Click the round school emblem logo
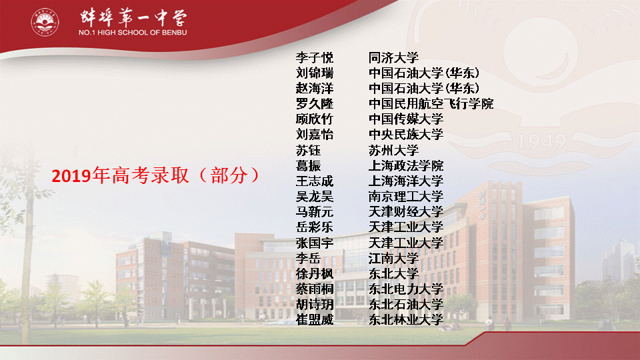tap(45, 22)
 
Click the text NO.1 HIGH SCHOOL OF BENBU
tap(133, 32)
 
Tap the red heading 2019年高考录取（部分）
tap(155, 175)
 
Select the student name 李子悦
tap(315, 58)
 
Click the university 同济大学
tap(393, 58)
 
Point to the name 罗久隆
tap(315, 104)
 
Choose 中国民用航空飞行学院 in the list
tap(431, 104)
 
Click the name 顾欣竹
tap(315, 119)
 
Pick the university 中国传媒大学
tap(406, 119)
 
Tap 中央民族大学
tap(406, 135)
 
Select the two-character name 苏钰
tap(308, 150)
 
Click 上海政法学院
tap(406, 166)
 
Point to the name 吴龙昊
tap(315, 196)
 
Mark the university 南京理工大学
tap(406, 196)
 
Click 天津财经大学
tap(406, 212)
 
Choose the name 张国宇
tap(315, 243)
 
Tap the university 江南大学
tap(393, 259)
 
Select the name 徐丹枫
tap(315, 273)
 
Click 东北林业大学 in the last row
tap(406, 319)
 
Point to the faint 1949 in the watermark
tap(542, 141)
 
